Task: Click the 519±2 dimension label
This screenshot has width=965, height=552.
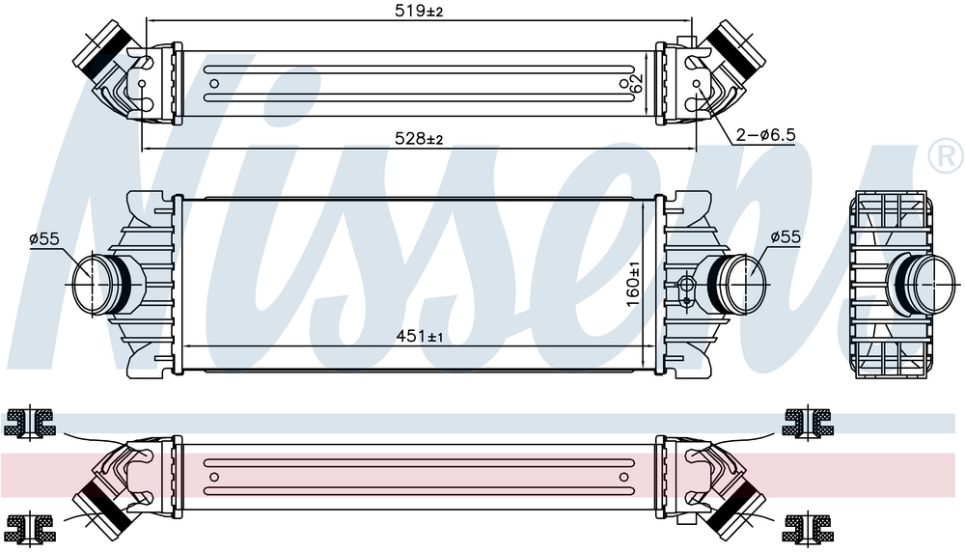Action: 419,11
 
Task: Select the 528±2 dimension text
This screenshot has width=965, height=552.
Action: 419,139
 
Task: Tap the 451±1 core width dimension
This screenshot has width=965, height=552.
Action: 419,336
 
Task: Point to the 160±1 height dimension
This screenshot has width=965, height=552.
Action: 633,284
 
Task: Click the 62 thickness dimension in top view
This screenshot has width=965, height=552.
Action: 636,83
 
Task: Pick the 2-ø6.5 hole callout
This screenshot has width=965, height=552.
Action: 766,134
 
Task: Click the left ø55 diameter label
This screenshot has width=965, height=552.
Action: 44,238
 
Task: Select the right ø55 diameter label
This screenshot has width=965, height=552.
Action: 786,236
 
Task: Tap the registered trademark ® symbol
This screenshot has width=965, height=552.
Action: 946,155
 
